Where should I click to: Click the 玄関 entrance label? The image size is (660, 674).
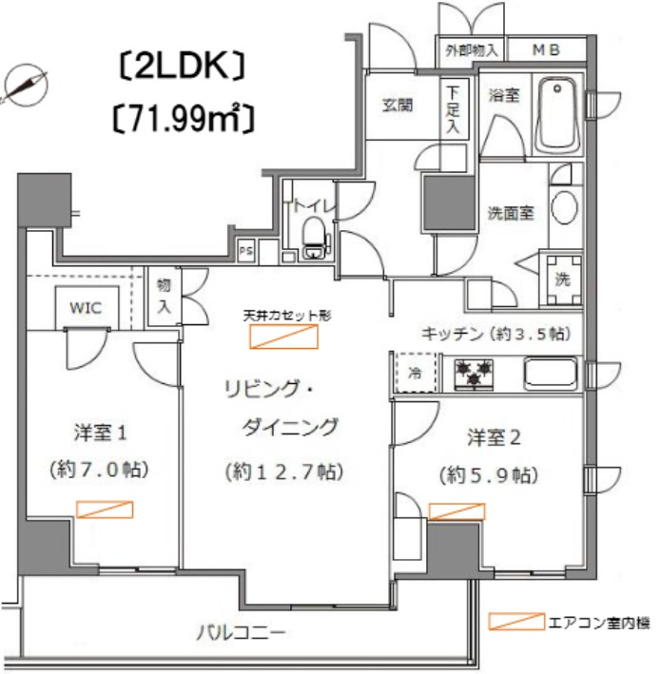coord(398,106)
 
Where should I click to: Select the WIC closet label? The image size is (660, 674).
coord(87,307)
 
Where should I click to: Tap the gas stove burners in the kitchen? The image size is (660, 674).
coord(473,372)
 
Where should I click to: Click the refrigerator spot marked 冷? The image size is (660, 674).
coord(415,372)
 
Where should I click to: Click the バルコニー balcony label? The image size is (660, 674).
coord(242,631)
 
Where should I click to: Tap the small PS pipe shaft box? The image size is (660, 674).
coord(246,252)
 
